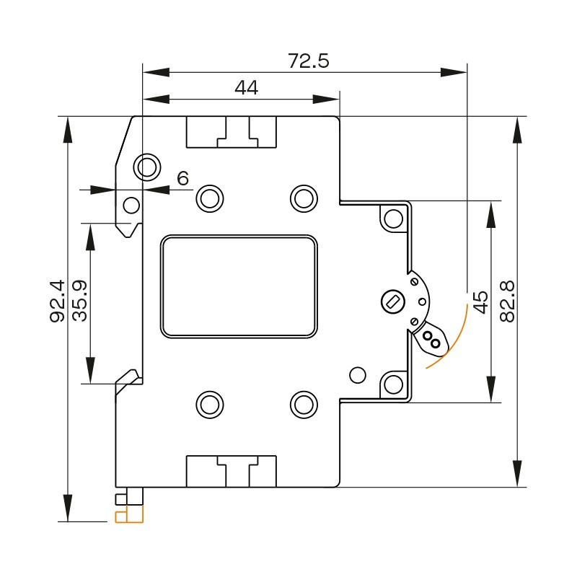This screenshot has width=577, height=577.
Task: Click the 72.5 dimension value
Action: pyautogui.click(x=308, y=61)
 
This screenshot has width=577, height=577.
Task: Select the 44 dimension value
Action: pyautogui.click(x=246, y=88)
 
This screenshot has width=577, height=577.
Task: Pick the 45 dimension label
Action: pyautogui.click(x=480, y=300)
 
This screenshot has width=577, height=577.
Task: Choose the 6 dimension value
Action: pyautogui.click(x=182, y=178)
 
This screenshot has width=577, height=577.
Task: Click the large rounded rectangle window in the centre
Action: pyautogui.click(x=239, y=286)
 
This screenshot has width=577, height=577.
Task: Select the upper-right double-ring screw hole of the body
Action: pyautogui.click(x=303, y=198)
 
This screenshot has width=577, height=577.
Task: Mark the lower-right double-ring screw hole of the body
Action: pyautogui.click(x=303, y=404)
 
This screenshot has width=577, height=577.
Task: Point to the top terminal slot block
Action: pyautogui.click(x=232, y=132)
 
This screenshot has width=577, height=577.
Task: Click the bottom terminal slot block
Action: pyautogui.click(x=232, y=471)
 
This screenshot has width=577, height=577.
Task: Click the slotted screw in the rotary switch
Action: pyautogui.click(x=392, y=300)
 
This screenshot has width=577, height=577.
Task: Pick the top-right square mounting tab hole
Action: pyautogui.click(x=393, y=218)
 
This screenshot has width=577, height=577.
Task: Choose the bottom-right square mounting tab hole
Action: pyautogui.click(x=393, y=383)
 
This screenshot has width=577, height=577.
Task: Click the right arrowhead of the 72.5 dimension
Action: pyautogui.click(x=455, y=72)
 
